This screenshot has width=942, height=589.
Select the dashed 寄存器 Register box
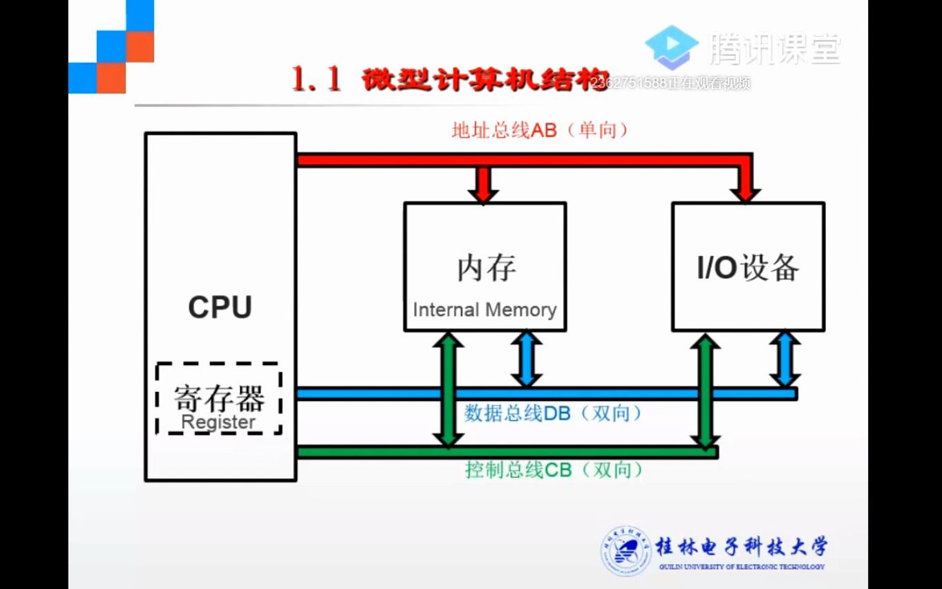coord(218,398)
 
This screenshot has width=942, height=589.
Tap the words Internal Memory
coord(484,310)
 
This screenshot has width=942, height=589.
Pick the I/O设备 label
coord(748,268)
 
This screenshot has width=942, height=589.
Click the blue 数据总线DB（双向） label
coord(553,413)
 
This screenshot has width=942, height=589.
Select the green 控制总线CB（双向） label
coord(554,470)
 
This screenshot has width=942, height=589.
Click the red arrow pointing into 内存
coord(483,185)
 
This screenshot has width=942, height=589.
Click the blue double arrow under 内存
coord(526,358)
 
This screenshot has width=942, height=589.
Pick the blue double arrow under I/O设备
coord(785,358)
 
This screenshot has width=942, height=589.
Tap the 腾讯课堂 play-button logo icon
coord(672,47)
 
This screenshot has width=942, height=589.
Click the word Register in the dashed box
coord(218,422)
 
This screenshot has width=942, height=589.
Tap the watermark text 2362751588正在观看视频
coord(671,84)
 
